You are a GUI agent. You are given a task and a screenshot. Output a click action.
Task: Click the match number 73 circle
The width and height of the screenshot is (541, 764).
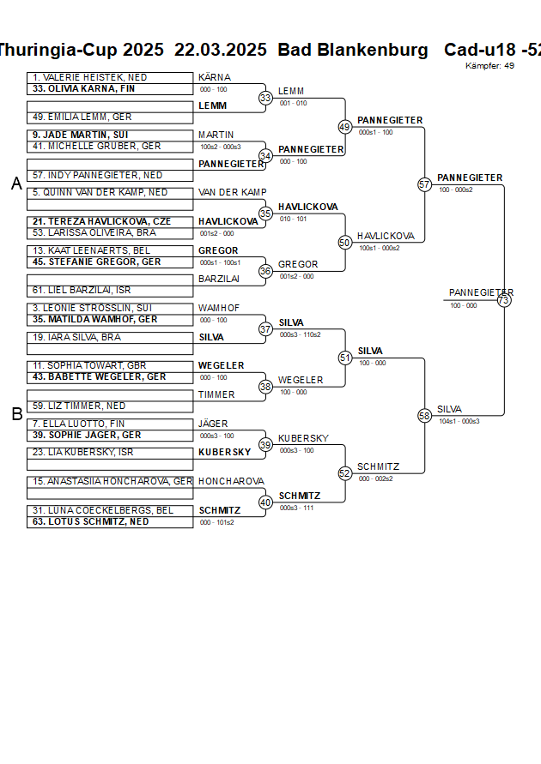(x=504, y=300)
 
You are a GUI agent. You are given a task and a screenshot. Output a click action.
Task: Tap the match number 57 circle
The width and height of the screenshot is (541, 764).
(x=424, y=184)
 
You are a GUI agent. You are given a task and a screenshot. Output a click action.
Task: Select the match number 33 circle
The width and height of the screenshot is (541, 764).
(x=265, y=99)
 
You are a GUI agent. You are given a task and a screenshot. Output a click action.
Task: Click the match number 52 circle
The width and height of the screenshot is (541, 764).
(x=344, y=473)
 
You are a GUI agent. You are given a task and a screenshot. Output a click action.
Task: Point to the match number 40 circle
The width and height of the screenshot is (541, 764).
(x=265, y=502)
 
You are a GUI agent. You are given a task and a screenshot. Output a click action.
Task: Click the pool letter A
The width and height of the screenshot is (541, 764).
(x=16, y=183)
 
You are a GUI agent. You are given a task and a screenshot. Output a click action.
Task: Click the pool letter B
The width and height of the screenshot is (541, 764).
(x=16, y=414)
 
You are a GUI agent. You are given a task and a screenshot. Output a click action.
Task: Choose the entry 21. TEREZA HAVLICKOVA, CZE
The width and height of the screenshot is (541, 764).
(x=101, y=221)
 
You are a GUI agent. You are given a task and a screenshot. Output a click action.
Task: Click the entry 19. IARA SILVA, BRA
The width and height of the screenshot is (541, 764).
(x=77, y=337)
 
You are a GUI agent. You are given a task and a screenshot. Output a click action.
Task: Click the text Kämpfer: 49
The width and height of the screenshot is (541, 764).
(x=489, y=66)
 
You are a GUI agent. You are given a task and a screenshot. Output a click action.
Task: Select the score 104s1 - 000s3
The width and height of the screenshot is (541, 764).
(x=459, y=421)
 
